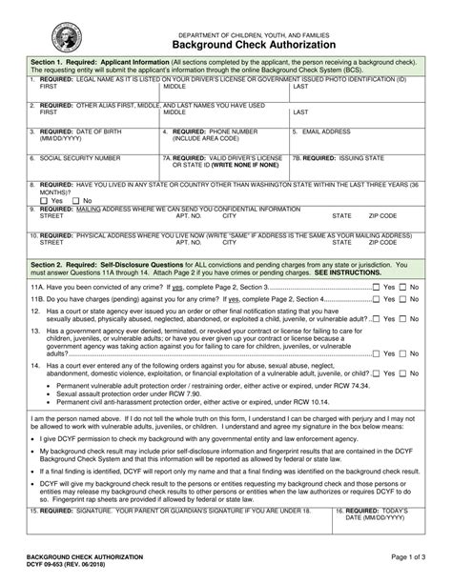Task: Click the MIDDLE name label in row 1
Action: (175, 86)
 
